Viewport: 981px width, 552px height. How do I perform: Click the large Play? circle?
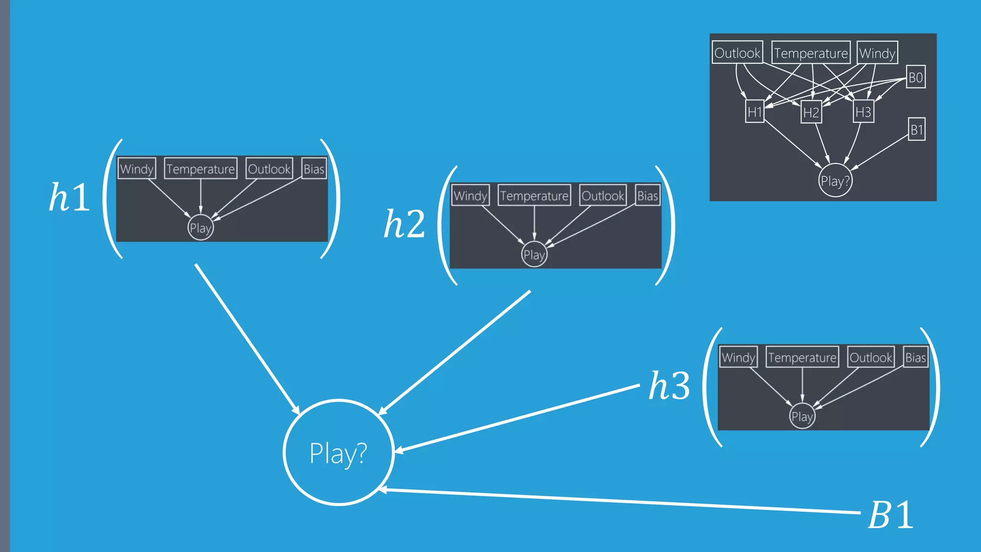click(x=339, y=452)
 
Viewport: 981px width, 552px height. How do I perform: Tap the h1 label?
click(x=69, y=197)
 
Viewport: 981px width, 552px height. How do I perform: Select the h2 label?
click(x=404, y=224)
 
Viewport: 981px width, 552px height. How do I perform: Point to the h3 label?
click(x=669, y=386)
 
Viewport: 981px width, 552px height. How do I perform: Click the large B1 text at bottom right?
click(x=890, y=516)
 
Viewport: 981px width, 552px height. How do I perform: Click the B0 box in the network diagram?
click(x=915, y=77)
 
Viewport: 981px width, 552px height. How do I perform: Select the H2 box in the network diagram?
click(x=811, y=113)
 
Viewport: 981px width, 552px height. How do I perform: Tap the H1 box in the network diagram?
click(x=754, y=112)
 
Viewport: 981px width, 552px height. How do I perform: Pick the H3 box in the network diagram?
click(x=863, y=112)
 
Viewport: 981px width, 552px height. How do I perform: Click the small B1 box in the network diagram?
click(x=916, y=129)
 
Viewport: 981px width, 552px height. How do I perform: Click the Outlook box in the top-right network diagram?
click(x=737, y=53)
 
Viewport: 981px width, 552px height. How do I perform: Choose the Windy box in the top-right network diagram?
click(x=877, y=53)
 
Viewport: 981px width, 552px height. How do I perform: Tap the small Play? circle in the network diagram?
click(x=835, y=181)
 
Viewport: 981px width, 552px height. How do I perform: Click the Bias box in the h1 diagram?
click(x=314, y=169)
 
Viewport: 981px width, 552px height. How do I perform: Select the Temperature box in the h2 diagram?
click(x=534, y=195)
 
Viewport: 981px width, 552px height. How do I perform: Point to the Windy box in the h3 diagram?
click(x=738, y=357)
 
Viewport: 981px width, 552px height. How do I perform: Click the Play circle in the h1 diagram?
click(x=200, y=228)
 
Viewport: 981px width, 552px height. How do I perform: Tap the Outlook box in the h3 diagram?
click(x=870, y=357)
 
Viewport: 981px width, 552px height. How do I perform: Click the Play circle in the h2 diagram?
click(x=534, y=254)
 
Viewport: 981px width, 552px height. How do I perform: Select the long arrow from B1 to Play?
click(x=623, y=501)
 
